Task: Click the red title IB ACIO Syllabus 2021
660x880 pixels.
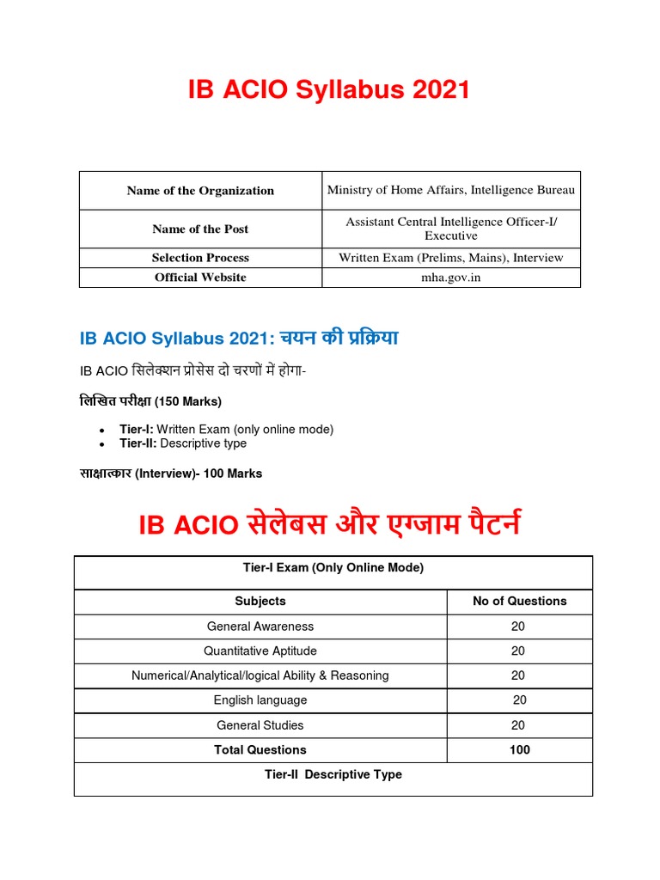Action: pos(329,89)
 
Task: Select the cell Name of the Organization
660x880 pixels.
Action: pos(200,191)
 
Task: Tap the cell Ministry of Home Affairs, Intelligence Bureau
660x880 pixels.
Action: pos(451,190)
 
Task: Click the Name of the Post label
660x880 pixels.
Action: pos(200,229)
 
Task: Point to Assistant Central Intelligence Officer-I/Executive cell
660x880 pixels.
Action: pos(451,229)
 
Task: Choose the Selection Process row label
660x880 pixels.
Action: pos(200,258)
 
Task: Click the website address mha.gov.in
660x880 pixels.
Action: pos(451,278)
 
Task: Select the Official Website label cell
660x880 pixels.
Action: pos(200,278)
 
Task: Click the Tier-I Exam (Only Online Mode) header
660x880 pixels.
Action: pos(333,568)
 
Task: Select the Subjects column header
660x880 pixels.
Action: pos(260,602)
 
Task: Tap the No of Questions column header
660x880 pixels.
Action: pos(519,602)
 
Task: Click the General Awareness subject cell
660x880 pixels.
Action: pos(260,626)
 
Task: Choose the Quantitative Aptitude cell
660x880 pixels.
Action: pos(260,651)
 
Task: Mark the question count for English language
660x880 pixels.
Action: pos(519,700)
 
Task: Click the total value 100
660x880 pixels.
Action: pos(519,750)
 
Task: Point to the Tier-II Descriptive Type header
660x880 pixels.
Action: pos(333,775)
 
